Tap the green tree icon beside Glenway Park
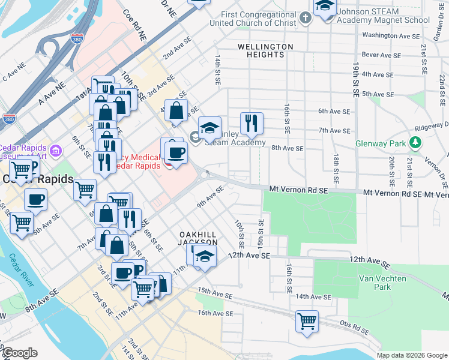[x=414, y=142]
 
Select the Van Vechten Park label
[x=382, y=283]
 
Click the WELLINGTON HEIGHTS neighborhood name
[x=265, y=50]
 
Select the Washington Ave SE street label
[x=391, y=36]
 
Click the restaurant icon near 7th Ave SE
[x=252, y=123]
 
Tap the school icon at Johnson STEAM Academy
[x=325, y=7]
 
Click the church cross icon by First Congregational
[x=306, y=17]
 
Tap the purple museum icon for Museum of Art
[x=56, y=149]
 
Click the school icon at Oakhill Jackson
[x=205, y=254]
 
